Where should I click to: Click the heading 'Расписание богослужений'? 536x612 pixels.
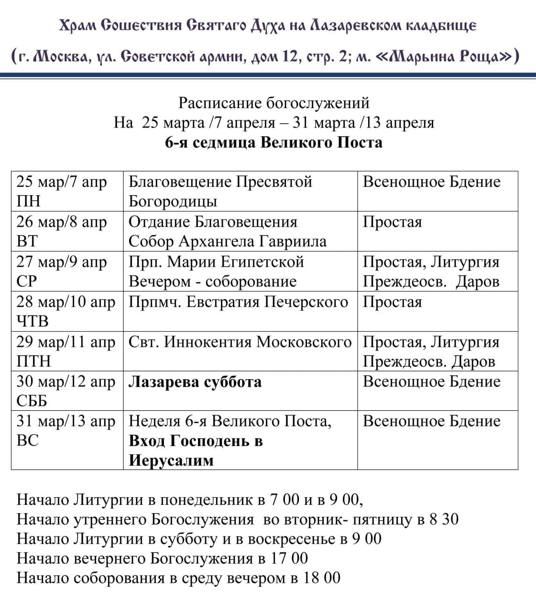tap(273, 103)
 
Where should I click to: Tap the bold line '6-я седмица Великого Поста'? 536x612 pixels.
tap(273, 142)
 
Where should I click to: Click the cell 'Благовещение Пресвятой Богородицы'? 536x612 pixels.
tap(220, 191)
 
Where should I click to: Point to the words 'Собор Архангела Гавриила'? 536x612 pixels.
tap(228, 241)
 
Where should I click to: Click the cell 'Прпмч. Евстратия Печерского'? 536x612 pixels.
tap(238, 302)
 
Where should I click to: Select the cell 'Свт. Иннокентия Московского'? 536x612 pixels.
tap(240, 342)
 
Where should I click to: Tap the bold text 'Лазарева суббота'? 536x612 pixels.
tap(195, 382)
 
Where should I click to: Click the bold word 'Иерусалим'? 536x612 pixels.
tap(171, 461)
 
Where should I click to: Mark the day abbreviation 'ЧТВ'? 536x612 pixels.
tap(33, 321)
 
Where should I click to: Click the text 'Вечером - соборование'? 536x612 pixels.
tap(213, 282)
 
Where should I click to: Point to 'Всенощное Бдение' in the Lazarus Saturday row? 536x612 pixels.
tap(431, 382)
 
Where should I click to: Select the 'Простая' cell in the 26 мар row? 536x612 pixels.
tap(392, 222)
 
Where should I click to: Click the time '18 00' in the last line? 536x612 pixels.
tap(322, 578)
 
